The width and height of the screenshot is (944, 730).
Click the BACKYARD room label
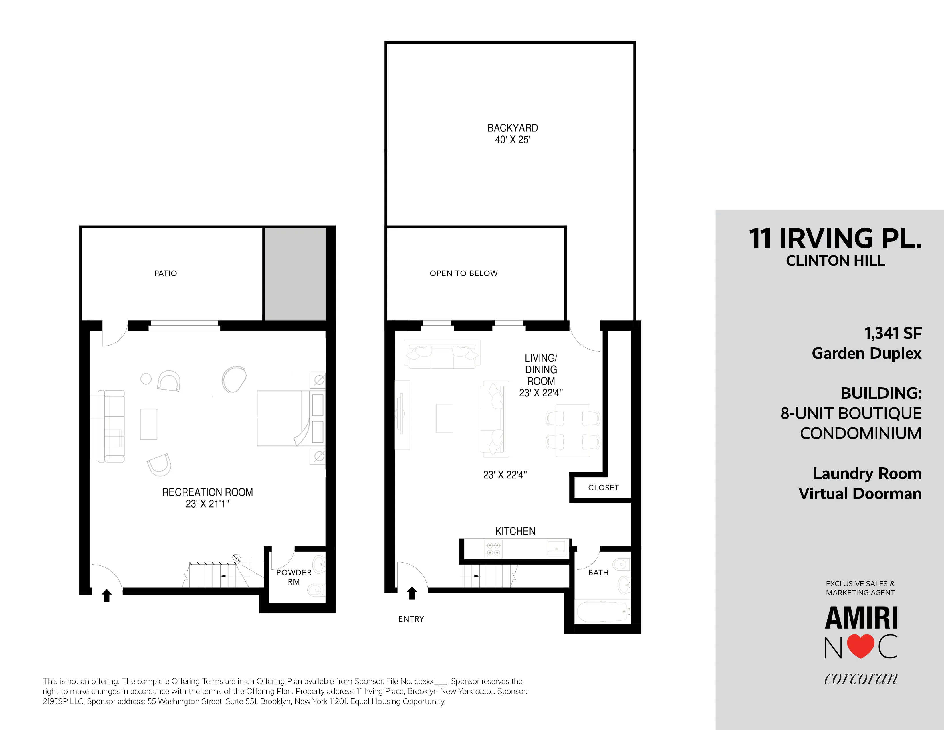[x=513, y=128]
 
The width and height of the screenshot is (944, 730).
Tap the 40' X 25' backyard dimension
[x=513, y=140]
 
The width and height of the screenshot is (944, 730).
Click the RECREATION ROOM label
[x=207, y=492]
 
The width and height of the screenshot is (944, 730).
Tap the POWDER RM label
[x=294, y=577]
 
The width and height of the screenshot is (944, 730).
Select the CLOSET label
[x=603, y=488]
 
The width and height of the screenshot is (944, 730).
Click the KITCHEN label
[x=515, y=531]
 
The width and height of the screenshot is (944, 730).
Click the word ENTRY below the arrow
[x=411, y=619]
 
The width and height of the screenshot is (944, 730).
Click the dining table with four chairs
[x=573, y=430]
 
